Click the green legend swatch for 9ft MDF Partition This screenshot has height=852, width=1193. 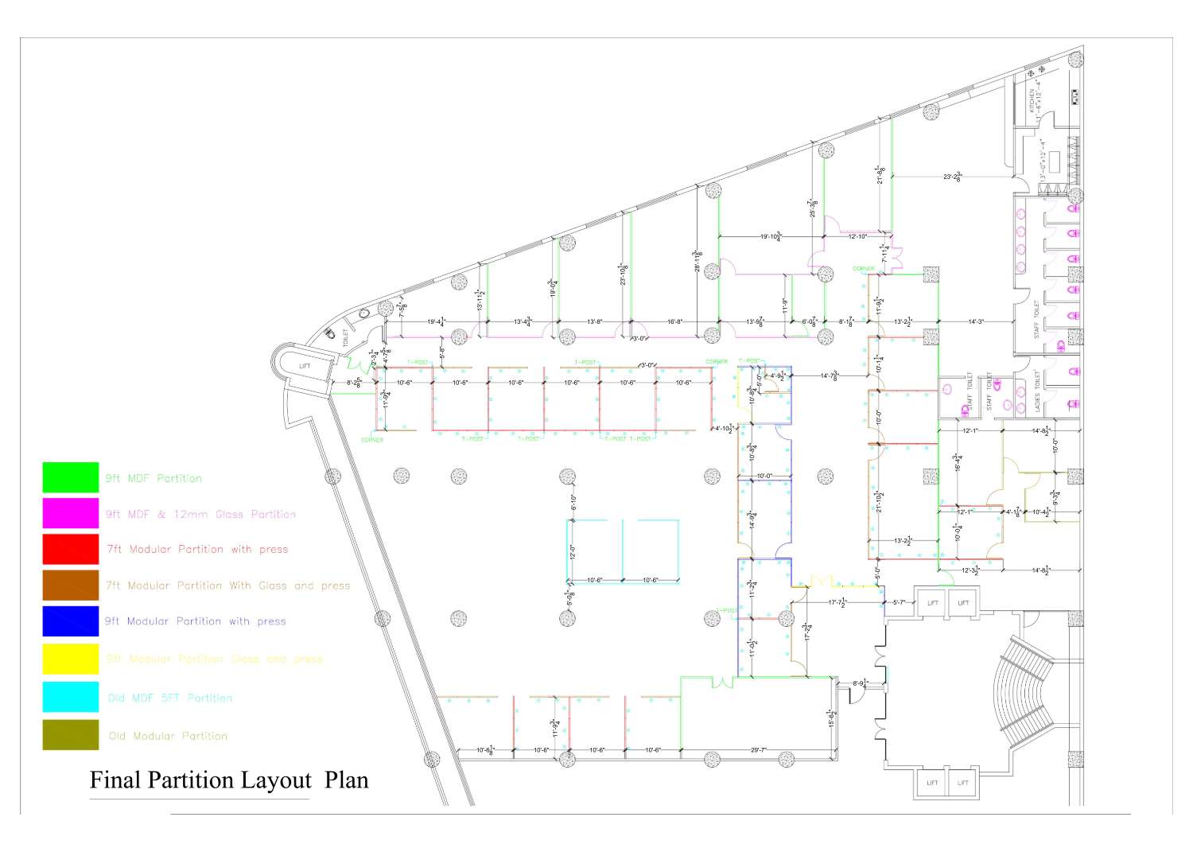coord(70,477)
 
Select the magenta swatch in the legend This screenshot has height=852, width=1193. coord(70,513)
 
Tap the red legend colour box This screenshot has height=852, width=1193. coord(70,549)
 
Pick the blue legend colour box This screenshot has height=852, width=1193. coord(70,621)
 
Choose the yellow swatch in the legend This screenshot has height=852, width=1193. coord(70,659)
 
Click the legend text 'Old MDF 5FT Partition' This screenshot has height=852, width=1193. coord(169,698)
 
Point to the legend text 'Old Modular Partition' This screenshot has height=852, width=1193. coord(168,736)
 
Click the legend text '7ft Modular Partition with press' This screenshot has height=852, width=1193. coord(196,549)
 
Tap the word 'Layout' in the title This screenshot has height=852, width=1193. coord(276,780)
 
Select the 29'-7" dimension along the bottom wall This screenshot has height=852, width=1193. coord(759,749)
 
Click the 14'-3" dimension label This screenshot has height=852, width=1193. coord(976,321)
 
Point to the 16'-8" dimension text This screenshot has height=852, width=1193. coord(674,321)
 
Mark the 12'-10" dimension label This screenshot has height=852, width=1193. coord(857,236)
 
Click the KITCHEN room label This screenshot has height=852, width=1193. coord(1032,100)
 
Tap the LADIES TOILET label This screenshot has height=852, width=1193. coord(1037,389)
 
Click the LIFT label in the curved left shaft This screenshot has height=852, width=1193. coord(305,366)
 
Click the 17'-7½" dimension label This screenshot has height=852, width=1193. coord(837,602)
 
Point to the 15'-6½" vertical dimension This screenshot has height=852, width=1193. coord(831,718)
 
